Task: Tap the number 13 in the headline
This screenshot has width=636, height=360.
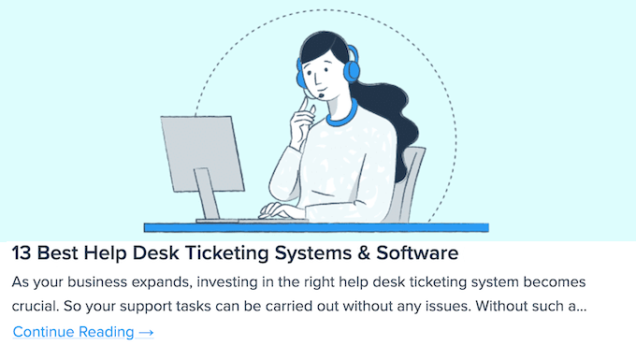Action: [x=22, y=253]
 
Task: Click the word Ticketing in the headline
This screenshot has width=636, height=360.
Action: [x=227, y=254]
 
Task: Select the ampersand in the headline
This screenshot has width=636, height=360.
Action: [x=364, y=253]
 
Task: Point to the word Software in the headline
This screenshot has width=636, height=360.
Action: [x=417, y=253]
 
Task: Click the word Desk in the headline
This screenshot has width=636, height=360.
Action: [x=156, y=253]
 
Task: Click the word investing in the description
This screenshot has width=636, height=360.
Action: [x=227, y=282]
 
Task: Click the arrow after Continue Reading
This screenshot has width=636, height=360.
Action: [x=146, y=333]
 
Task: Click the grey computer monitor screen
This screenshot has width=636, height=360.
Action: [x=202, y=153]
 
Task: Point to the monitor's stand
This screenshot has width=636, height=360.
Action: [x=208, y=194]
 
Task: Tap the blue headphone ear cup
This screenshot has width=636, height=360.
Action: [x=352, y=65]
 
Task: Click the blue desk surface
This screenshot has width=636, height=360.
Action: [x=316, y=227]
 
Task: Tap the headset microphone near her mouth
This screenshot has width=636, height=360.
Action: [x=322, y=95]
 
